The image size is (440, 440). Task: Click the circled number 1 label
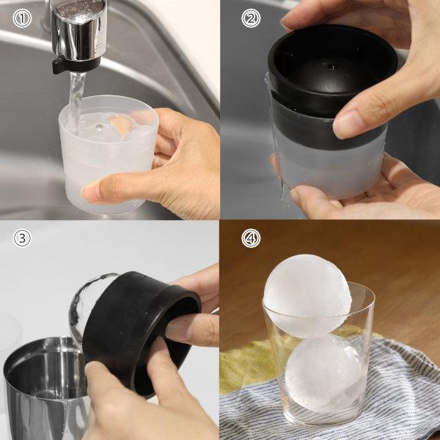[x=22, y=18]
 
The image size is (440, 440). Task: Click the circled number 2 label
[x=251, y=18]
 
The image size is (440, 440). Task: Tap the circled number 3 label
[x=22, y=238]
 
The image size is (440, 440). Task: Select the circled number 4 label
[x=251, y=238]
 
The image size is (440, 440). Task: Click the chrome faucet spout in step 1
[x=78, y=31]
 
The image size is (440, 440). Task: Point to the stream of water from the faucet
[x=76, y=101]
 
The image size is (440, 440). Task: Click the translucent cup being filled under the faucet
[x=108, y=154]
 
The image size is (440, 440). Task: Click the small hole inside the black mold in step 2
[x=331, y=67]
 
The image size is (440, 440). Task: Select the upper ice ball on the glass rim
[x=307, y=296]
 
